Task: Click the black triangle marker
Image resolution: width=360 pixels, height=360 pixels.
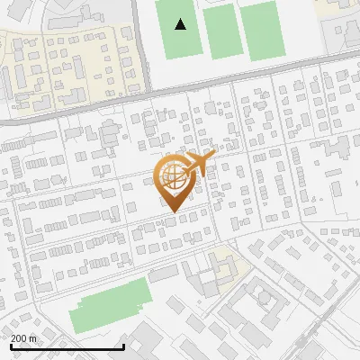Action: (x=181, y=24)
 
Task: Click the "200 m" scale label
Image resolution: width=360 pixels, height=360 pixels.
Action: (x=24, y=338)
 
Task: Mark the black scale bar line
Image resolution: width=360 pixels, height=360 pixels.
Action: (x=67, y=346)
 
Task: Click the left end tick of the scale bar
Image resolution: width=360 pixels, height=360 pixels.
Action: (x=11, y=345)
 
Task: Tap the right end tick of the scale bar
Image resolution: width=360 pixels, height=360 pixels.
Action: (x=123, y=345)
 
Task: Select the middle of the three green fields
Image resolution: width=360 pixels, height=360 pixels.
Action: (x=220, y=32)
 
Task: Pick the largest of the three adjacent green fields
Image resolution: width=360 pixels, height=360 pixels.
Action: (x=262, y=30)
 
